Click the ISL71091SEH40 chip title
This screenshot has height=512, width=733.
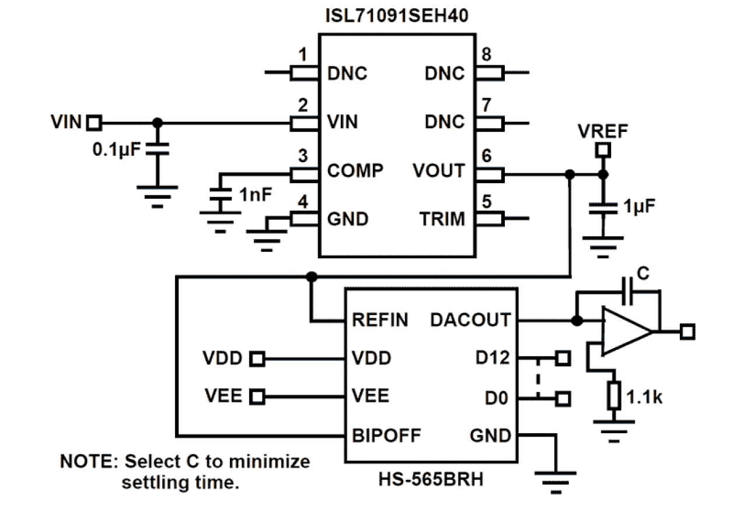(396, 16)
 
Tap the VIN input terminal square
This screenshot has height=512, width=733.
(93, 122)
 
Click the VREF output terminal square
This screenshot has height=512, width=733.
(603, 151)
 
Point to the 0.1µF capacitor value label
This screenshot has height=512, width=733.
(116, 150)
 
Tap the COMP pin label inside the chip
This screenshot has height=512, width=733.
(355, 171)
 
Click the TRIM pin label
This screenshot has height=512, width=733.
(442, 219)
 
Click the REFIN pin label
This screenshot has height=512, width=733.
(380, 321)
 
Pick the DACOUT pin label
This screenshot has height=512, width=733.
(470, 320)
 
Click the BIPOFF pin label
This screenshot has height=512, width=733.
(386, 436)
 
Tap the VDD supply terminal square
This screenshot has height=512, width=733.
(257, 358)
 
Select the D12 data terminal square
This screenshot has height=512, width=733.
(563, 357)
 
